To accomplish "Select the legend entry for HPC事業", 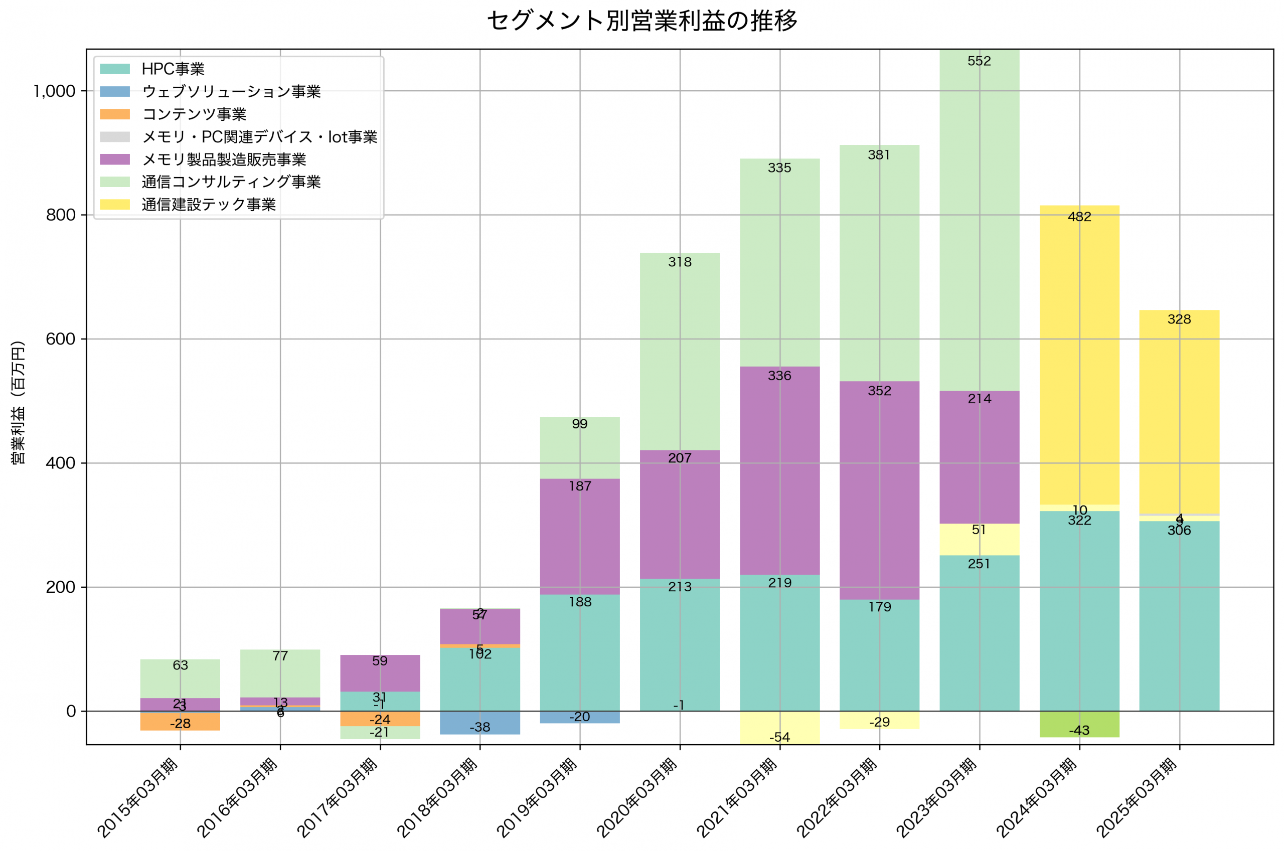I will point(173,69).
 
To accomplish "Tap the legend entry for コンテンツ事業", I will point(194,114).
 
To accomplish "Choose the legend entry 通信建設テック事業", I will point(208,205).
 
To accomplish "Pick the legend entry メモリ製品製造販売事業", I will point(224,159).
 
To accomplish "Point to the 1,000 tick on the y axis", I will point(54,91).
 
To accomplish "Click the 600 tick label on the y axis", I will point(60,339).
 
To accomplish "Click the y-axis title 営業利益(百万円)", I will point(18,402).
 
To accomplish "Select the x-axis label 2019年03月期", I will point(537,798).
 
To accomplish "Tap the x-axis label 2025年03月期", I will point(1137,798).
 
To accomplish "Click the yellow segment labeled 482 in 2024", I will point(1079,353).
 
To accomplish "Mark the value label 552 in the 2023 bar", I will point(979,61).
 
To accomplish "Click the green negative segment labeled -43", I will point(1079,724).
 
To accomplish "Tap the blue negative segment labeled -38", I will point(479,723).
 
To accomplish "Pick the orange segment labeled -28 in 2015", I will point(180,722).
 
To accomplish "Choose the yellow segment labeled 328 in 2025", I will point(1179,413).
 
